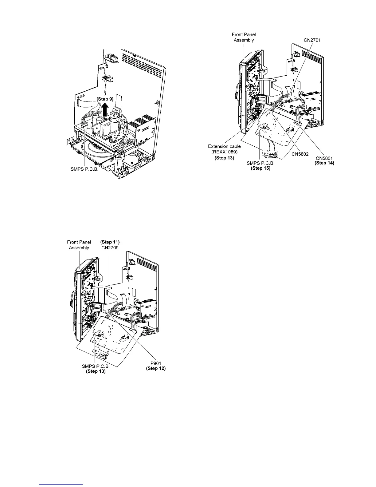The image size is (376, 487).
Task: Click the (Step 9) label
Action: click(105, 99)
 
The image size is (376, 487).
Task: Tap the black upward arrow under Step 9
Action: click(105, 110)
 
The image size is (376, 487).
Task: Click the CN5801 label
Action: click(324, 158)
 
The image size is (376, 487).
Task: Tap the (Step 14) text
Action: click(324, 163)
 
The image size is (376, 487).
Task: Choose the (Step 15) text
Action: click(260, 168)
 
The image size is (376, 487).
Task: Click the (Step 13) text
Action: click(224, 158)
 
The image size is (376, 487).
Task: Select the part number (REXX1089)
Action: click(224, 152)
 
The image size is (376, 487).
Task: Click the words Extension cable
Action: click(224, 146)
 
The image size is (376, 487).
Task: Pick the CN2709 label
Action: click(110, 247)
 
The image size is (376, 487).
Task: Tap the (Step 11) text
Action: click(110, 242)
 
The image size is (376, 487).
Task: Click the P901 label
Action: click(156, 363)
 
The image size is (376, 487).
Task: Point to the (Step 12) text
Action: click(156, 368)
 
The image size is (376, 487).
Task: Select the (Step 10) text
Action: click(96, 371)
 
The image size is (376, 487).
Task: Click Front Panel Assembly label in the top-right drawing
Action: click(244, 37)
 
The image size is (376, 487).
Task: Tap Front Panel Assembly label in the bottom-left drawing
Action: click(79, 245)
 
